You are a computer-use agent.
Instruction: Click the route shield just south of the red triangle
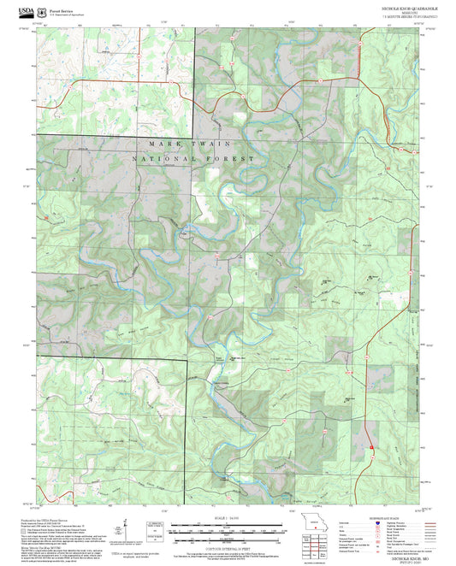point(371,455)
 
